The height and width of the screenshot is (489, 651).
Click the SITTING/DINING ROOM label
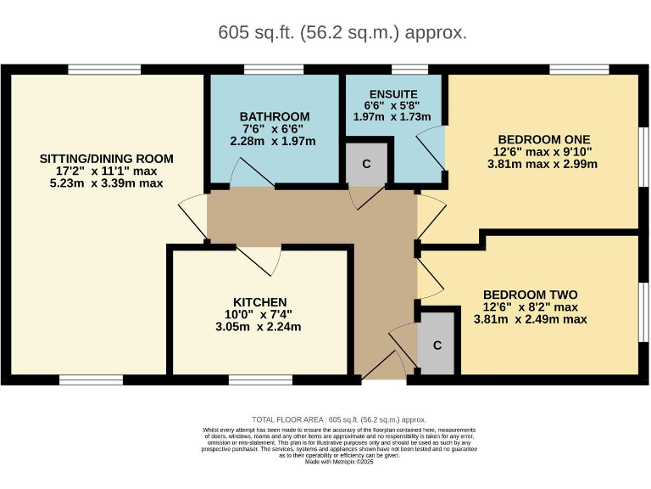pyautogui.click(x=107, y=158)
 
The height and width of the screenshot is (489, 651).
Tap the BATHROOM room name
pyautogui.click(x=274, y=116)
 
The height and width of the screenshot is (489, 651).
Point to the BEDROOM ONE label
pyautogui.click(x=542, y=139)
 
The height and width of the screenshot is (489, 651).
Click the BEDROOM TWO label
pyautogui.click(x=530, y=295)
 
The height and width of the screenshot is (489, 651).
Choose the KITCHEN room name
pyautogui.click(x=259, y=302)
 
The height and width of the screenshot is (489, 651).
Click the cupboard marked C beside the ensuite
pyautogui.click(x=366, y=164)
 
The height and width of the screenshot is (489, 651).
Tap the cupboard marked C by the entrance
pyautogui.click(x=437, y=346)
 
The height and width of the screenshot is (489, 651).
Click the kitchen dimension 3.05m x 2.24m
pyautogui.click(x=259, y=327)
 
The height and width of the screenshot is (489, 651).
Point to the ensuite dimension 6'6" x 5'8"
pyautogui.click(x=392, y=105)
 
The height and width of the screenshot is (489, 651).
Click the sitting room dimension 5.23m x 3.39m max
pyautogui.click(x=107, y=183)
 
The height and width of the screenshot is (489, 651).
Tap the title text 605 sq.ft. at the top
pyautogui.click(x=342, y=33)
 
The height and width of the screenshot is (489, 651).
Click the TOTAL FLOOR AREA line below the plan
pyautogui.click(x=339, y=419)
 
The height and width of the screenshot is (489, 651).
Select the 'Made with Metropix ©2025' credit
pyautogui.click(x=339, y=463)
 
